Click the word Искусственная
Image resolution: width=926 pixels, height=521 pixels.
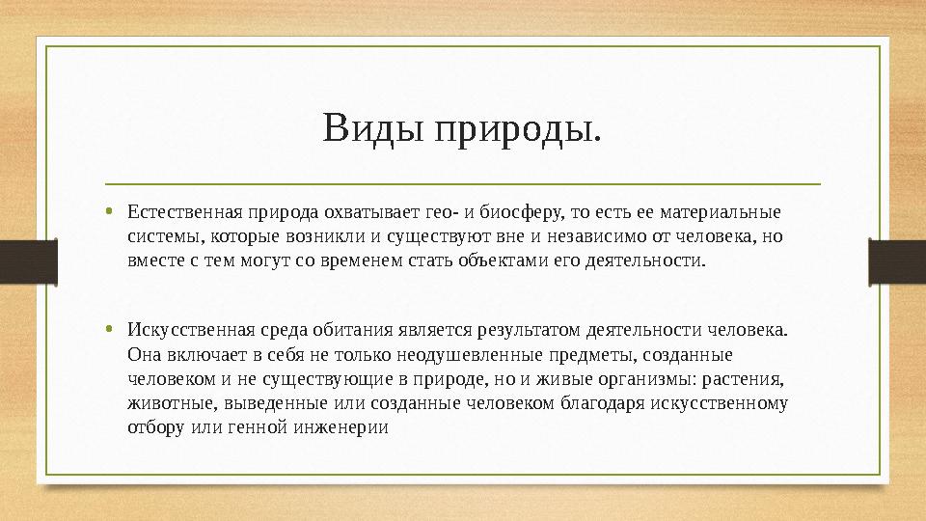pos(180,330)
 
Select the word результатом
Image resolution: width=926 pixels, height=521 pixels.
pos(531,330)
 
